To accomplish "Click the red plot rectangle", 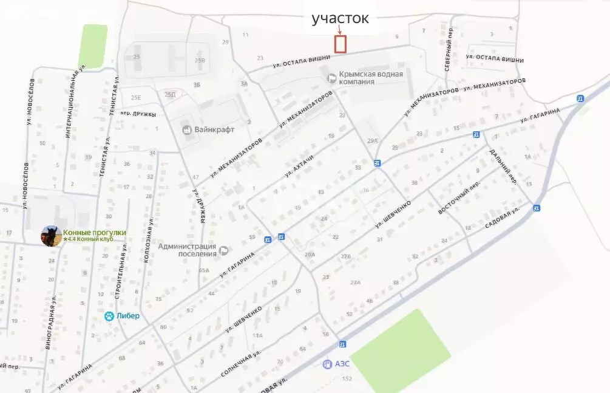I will click(341, 44).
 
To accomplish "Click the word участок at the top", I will click(340, 18).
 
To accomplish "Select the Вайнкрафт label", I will click(214, 129).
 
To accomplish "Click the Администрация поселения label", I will click(188, 250).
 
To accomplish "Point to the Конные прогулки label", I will click(94, 232).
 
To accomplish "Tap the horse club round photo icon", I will click(51, 236).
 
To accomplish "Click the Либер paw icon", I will click(109, 316).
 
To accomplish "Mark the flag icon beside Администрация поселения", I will click(223, 250).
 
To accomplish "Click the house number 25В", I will click(200, 61).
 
